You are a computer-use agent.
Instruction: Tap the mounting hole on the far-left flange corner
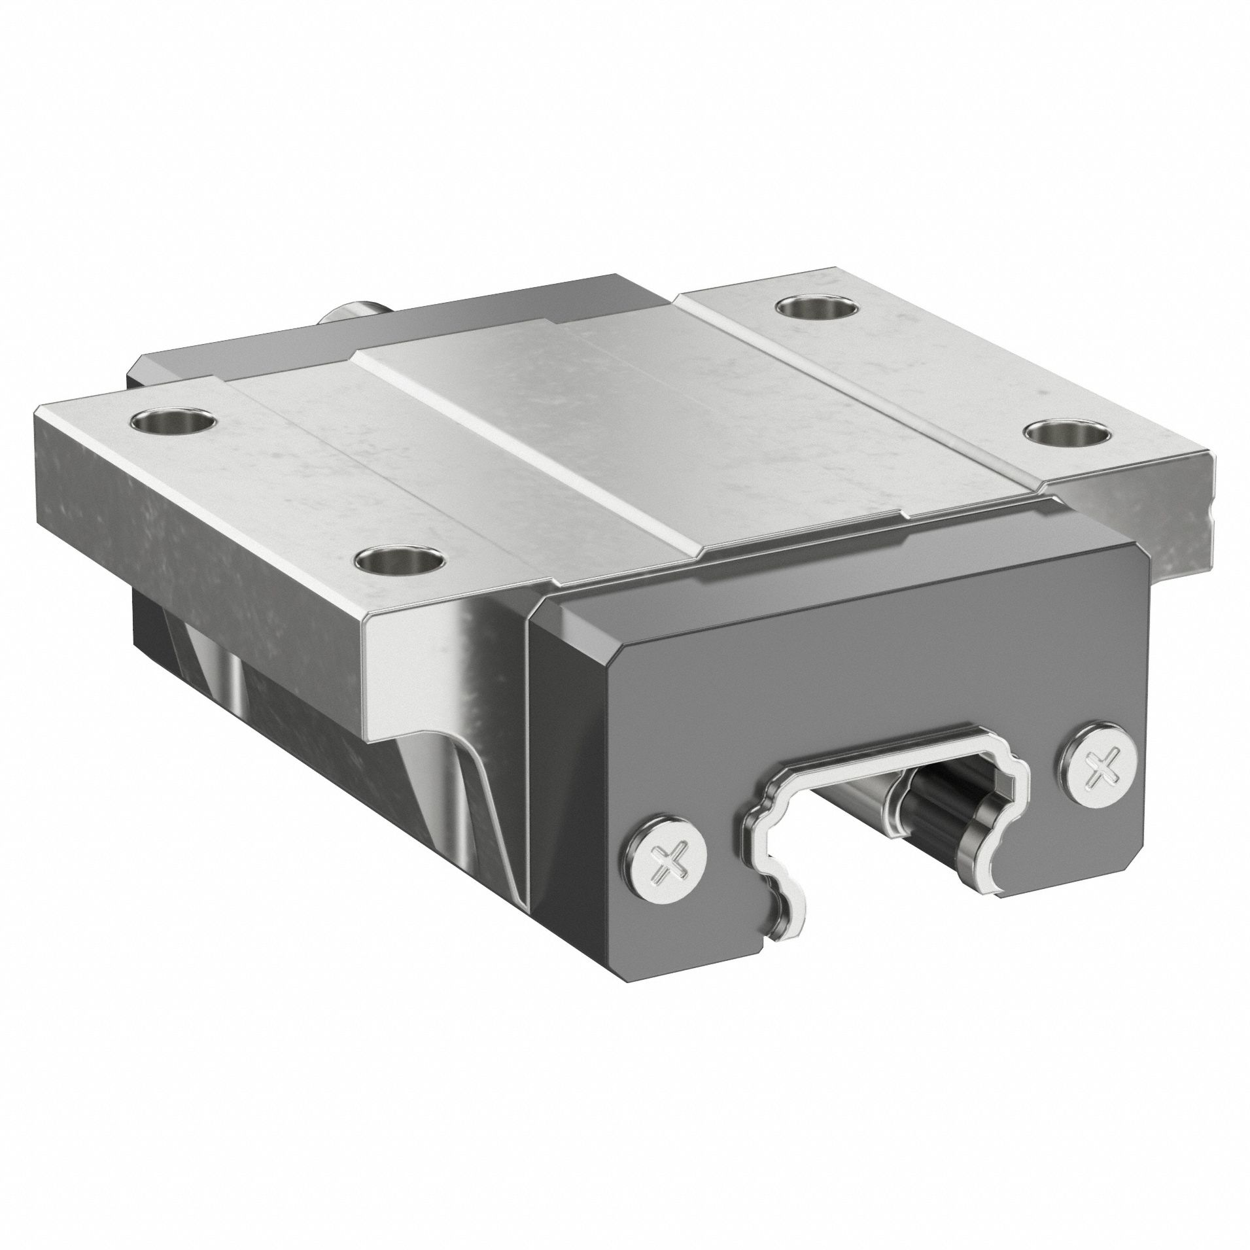click(173, 420)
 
